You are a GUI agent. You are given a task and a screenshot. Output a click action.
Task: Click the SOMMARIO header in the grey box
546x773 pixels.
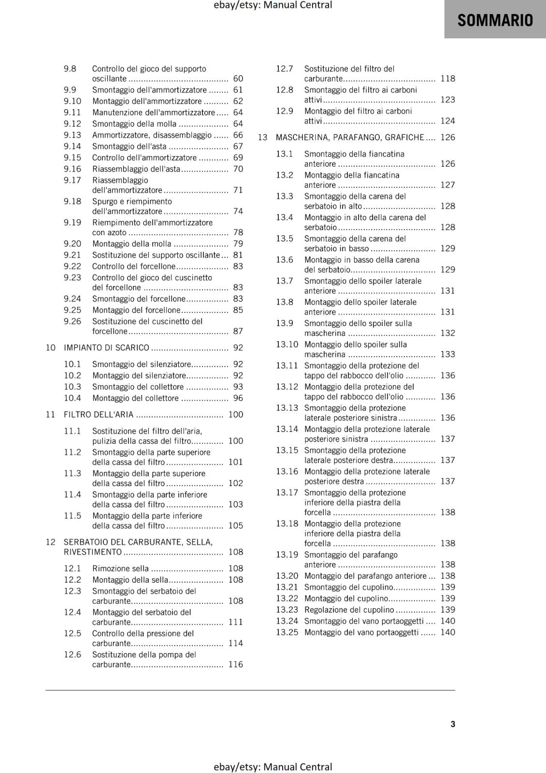coord(495,20)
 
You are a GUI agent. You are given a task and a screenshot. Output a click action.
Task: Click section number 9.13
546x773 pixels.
coord(72,135)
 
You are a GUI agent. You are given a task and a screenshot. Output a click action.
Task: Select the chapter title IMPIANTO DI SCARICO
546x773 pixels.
coord(106,348)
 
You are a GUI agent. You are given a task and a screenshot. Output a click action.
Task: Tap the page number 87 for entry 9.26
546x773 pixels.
coord(238,331)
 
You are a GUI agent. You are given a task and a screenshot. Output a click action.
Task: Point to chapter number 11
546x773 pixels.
coord(50,415)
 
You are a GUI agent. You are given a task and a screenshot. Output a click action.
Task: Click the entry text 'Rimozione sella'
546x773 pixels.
coord(120,569)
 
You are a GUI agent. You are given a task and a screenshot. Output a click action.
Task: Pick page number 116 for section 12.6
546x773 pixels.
coord(235,665)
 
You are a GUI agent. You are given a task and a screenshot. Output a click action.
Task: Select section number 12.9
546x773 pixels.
coord(285,111)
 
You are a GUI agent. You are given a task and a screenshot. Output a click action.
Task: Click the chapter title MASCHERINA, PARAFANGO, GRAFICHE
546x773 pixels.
coord(350,138)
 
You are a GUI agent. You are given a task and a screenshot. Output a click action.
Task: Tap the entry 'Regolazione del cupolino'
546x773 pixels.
coord(349,610)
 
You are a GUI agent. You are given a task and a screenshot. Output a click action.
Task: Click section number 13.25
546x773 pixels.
coord(287,632)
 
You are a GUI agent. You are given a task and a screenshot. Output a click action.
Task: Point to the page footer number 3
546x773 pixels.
coord(453,724)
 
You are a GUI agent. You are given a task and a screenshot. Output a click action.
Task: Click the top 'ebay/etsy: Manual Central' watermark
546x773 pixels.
coord(273,5)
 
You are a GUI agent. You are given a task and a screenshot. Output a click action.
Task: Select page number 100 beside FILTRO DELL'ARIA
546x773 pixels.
coord(235,415)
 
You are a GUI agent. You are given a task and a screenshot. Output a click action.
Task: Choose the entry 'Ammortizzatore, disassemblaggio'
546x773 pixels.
coord(152,135)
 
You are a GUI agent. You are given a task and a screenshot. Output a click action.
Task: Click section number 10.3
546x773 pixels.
coord(72,387)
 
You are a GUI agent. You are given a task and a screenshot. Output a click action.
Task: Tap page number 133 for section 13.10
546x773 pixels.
coord(447,355)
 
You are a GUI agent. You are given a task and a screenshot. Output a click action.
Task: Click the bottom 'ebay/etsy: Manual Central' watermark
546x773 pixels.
coord(273,767)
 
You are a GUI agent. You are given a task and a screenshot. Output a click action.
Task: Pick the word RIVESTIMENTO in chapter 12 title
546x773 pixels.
coord(93,552)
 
